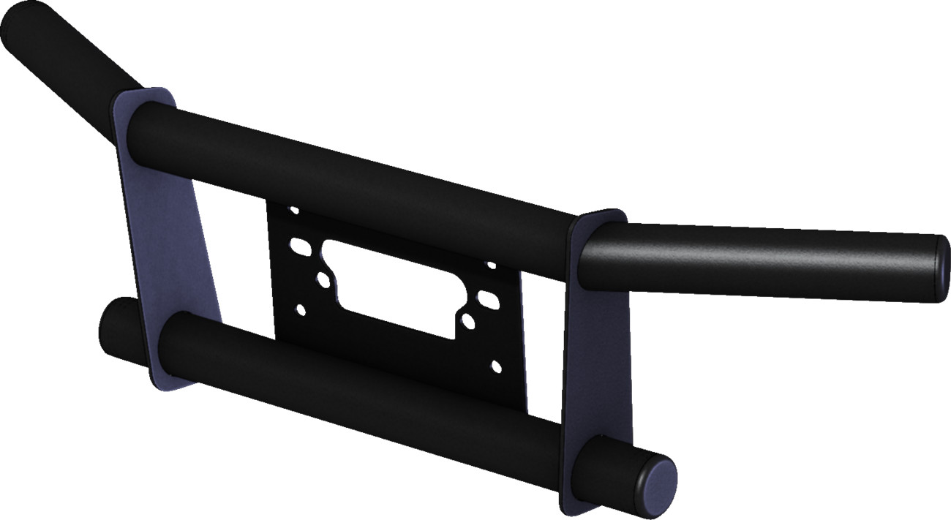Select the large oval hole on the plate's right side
tap(486, 298)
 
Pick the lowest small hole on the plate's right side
tap(497, 364)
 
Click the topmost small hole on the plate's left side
tap(294, 211)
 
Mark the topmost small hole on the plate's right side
tap(492, 265)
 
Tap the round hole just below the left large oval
tap(323, 279)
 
